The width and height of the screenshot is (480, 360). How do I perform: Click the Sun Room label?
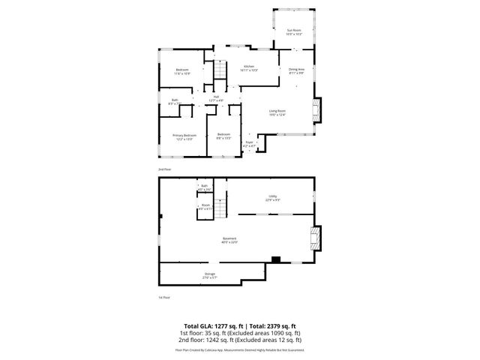point(294,30)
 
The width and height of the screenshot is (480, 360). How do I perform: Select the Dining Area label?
point(296,70)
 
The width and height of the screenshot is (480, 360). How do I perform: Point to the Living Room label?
point(277,112)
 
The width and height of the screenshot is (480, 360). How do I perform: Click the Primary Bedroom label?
point(173,136)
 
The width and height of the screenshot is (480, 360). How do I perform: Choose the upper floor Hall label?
point(216,96)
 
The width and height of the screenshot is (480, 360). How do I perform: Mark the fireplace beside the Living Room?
point(317,110)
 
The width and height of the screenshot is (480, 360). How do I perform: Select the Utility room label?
point(273,196)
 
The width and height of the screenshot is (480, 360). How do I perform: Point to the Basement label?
point(229,238)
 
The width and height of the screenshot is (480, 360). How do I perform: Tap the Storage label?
point(210,274)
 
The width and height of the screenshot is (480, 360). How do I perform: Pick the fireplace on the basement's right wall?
point(316,240)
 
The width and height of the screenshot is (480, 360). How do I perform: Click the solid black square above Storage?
point(275,259)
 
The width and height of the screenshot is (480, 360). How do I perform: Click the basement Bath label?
point(204,186)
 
